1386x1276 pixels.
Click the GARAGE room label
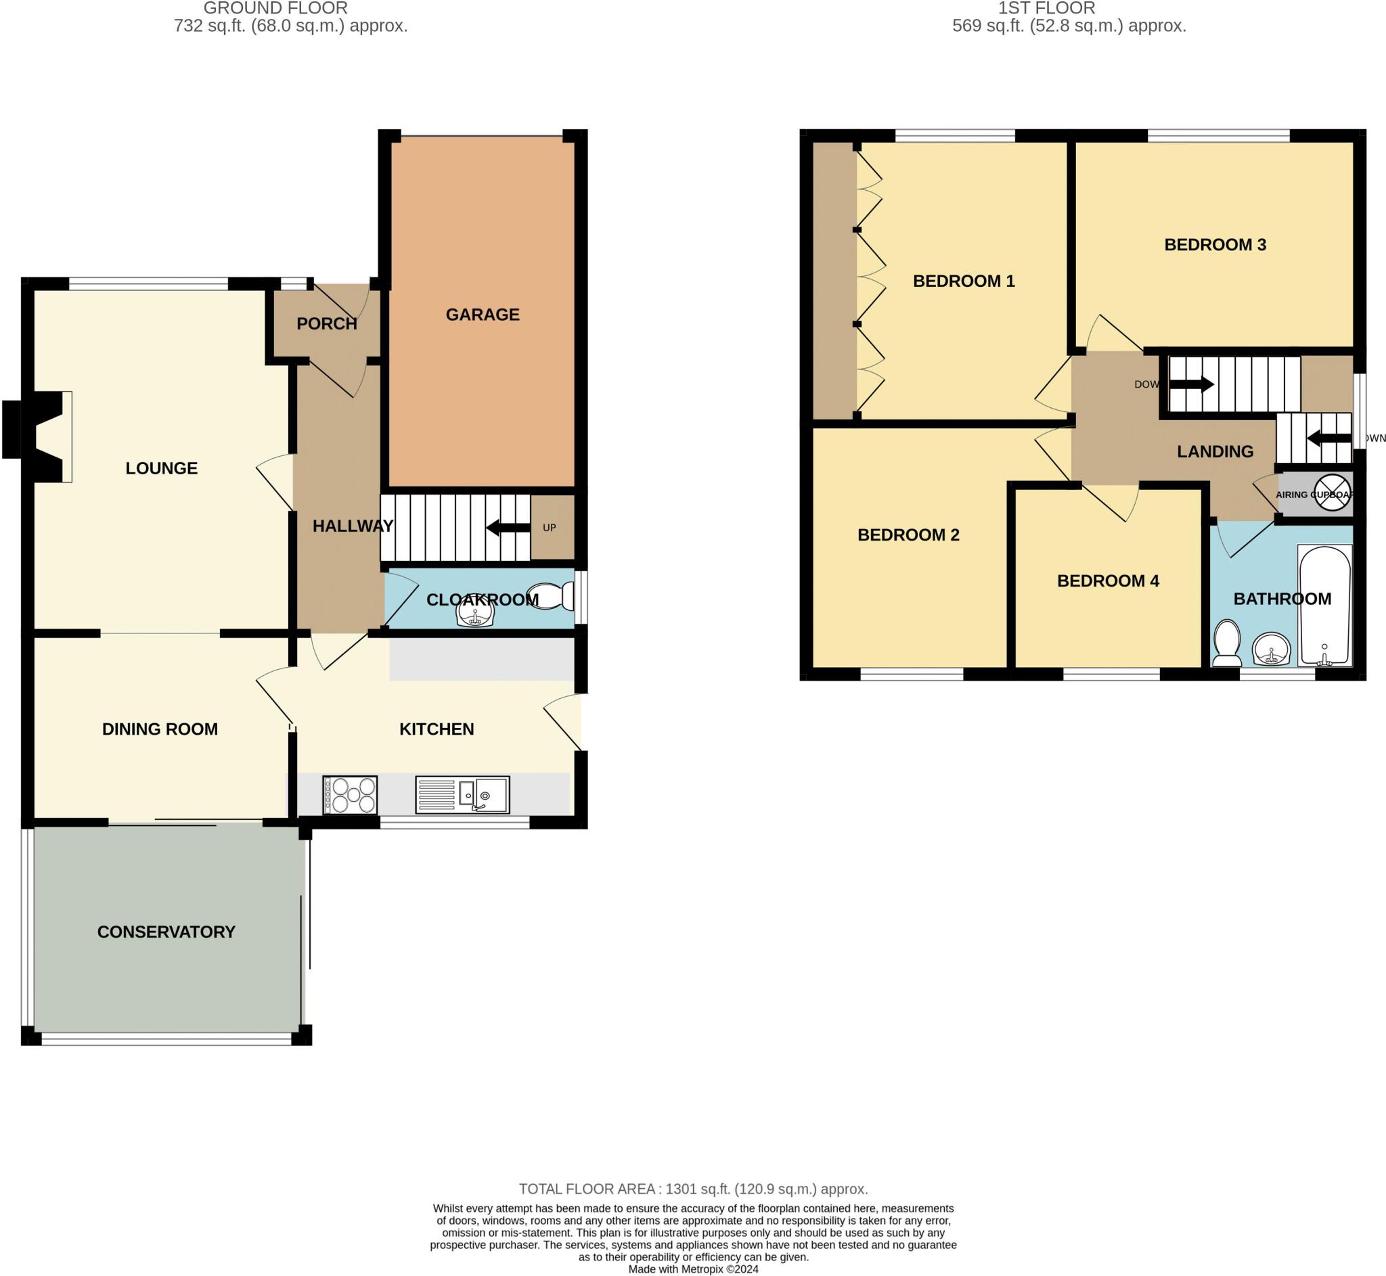click(x=482, y=315)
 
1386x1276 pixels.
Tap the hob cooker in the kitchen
click(x=349, y=795)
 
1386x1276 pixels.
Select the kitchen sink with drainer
click(x=463, y=795)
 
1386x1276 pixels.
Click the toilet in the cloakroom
click(x=550, y=596)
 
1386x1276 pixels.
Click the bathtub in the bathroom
click(x=1324, y=606)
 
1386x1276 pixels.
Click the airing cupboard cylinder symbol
click(x=1332, y=493)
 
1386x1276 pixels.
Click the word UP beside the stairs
click(x=549, y=528)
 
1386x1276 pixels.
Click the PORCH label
click(x=327, y=324)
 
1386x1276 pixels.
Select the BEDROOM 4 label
click(x=1108, y=580)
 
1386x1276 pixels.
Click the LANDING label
click(x=1215, y=451)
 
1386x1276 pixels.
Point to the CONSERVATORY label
click(x=166, y=932)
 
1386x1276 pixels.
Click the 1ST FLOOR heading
click(x=1046, y=8)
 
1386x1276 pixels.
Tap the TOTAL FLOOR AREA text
click(x=692, y=1189)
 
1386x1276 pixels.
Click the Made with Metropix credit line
click(x=692, y=1269)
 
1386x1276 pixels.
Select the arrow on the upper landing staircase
click(x=1191, y=384)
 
